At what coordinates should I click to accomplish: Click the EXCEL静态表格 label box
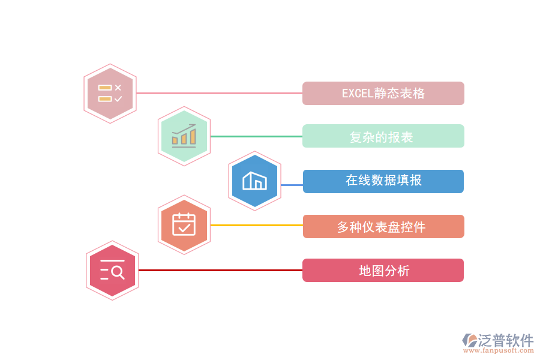(x=383, y=94)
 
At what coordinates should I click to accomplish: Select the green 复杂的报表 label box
(x=383, y=136)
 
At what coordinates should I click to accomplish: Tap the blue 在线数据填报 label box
(x=383, y=181)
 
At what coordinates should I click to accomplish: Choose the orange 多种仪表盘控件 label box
(x=383, y=227)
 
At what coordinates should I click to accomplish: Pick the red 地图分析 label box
(x=383, y=271)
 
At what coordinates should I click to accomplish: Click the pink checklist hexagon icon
(x=110, y=94)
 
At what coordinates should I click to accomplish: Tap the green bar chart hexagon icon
(x=184, y=136)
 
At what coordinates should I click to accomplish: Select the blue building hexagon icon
(x=255, y=181)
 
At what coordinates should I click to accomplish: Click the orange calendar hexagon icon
(x=184, y=225)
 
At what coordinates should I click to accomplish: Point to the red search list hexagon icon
(x=112, y=271)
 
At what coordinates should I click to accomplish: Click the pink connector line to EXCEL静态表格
(x=219, y=94)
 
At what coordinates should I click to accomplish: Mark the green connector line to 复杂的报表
(x=256, y=136)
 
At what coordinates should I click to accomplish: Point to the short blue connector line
(x=292, y=185)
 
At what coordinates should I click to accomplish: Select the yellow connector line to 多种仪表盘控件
(x=256, y=226)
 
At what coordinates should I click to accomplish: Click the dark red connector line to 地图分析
(x=220, y=271)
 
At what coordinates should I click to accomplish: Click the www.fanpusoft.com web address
(x=498, y=351)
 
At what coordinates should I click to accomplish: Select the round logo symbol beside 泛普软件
(x=469, y=340)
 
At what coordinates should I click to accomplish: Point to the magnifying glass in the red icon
(x=118, y=272)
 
